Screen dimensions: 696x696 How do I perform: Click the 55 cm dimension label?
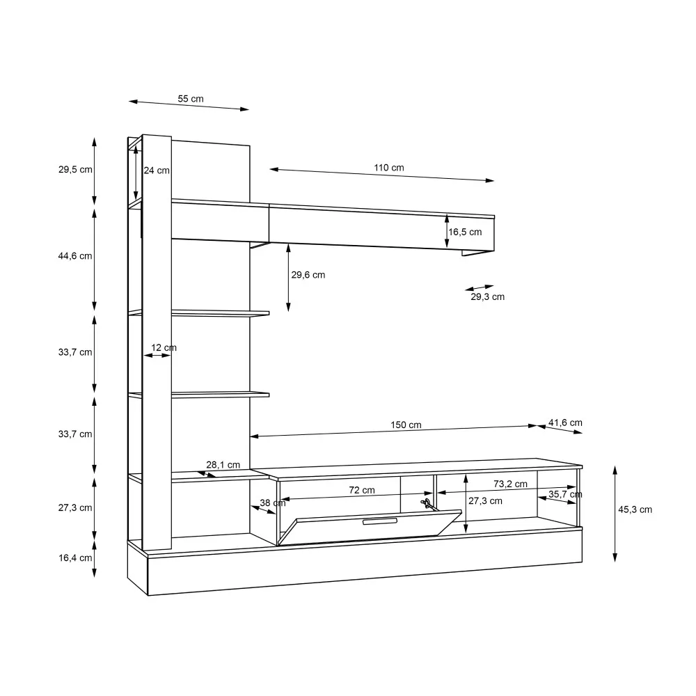191,99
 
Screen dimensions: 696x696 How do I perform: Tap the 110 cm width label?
389,167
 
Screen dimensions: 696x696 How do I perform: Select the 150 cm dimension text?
406,425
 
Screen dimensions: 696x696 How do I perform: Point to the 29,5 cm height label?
75,169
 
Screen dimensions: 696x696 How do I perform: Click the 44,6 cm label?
75,255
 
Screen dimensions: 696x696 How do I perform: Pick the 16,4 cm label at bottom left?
75,557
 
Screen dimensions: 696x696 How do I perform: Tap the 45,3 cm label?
635,509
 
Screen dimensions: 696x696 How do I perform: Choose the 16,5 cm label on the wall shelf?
465,232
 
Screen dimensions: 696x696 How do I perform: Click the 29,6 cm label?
308,275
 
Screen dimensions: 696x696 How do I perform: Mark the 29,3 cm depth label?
487,296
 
